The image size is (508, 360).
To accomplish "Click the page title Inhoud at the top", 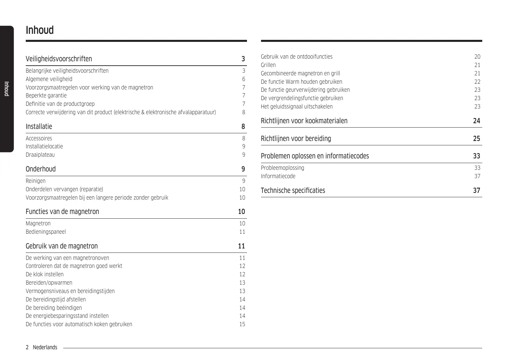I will point(39,30).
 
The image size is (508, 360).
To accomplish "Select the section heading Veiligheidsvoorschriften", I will point(59,59).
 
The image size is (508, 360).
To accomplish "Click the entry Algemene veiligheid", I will point(49,79).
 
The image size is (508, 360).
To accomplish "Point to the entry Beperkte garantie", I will point(46,95).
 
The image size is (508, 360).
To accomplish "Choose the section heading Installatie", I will point(39,127).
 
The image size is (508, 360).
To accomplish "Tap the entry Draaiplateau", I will point(40,155).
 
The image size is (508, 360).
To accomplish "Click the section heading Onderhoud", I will point(40,169).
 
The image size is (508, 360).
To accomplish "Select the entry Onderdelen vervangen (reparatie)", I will point(64,189).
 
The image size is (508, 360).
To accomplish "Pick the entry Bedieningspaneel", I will point(46,232).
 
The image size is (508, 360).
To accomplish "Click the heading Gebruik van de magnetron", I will point(62,246).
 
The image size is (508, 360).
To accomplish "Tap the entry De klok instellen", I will point(45,274).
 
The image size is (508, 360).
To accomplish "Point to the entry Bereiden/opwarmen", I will point(49,283).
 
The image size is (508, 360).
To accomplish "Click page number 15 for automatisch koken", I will point(242,324).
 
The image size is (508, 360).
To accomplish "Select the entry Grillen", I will point(268,65).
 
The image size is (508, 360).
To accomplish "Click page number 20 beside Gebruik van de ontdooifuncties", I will point(477,57).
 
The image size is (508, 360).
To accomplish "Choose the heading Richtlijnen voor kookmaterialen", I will point(304,121).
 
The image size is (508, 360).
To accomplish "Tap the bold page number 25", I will point(477,139).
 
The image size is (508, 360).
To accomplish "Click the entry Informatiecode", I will point(278,176).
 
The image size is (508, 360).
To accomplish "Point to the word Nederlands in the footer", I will point(45,347).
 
